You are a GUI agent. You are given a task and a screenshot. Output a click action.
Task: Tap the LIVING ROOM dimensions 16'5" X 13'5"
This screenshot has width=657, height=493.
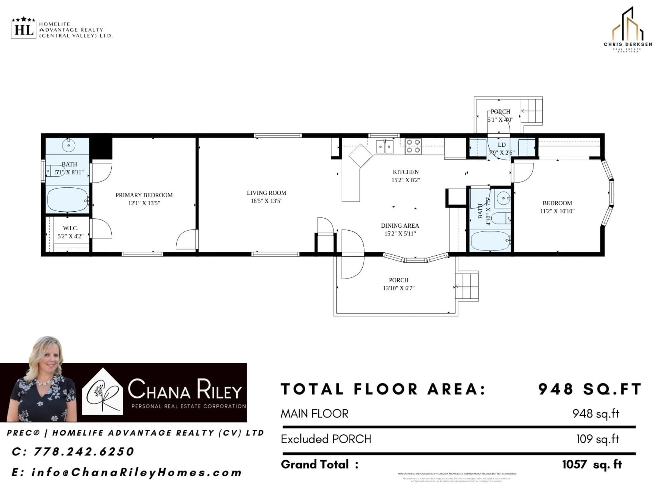click(266, 201)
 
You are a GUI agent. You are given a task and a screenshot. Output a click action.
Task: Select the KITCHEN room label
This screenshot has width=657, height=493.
click(406, 172)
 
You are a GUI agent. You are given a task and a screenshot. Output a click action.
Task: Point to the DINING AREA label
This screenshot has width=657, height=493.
click(400, 226)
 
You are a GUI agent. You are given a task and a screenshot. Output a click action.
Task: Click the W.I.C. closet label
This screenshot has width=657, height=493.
click(71, 228)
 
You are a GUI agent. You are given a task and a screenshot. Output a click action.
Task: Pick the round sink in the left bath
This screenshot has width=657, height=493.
click(69, 145)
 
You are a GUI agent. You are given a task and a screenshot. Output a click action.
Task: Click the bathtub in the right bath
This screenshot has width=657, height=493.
click(490, 241)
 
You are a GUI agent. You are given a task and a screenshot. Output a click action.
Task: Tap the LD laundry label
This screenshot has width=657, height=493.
click(502, 145)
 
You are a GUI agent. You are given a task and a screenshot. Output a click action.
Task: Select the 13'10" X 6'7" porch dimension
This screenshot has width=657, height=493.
click(399, 288)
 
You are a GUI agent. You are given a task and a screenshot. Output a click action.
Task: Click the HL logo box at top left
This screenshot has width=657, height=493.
click(23, 30)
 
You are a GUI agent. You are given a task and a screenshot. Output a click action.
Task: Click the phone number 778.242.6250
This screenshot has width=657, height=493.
click(84, 451)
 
